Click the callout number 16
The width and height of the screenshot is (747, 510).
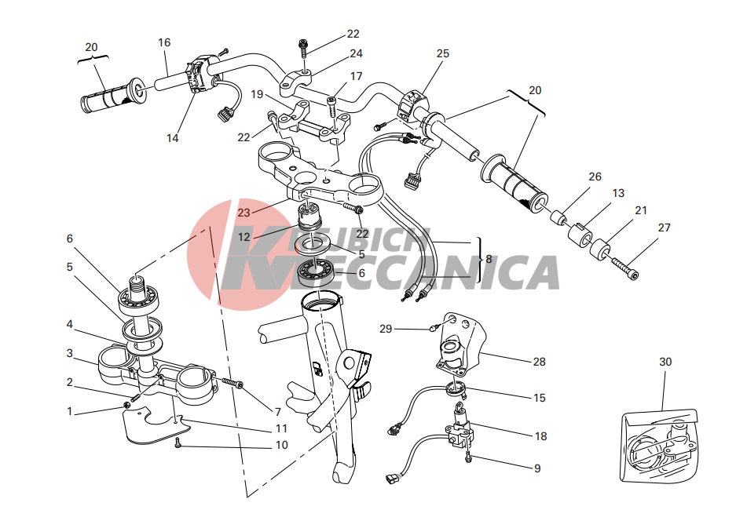point(164,43)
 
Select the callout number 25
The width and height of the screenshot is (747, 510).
point(442,54)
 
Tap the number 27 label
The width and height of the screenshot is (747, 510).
point(664,228)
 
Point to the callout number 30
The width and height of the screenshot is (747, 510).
point(665,362)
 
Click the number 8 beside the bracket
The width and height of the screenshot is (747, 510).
point(489,259)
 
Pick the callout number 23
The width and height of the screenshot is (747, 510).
point(244,213)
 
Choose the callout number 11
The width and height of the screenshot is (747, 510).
point(281,428)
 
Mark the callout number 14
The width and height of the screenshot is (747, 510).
point(173,138)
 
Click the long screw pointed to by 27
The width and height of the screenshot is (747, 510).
point(624,268)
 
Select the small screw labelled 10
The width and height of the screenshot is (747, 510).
point(178,443)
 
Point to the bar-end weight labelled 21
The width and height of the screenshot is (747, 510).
point(600,249)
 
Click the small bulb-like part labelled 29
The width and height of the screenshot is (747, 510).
point(434,327)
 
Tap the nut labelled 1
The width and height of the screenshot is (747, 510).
point(126,405)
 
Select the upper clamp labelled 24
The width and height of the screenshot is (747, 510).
point(295,80)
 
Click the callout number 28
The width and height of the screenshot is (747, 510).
point(539,362)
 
